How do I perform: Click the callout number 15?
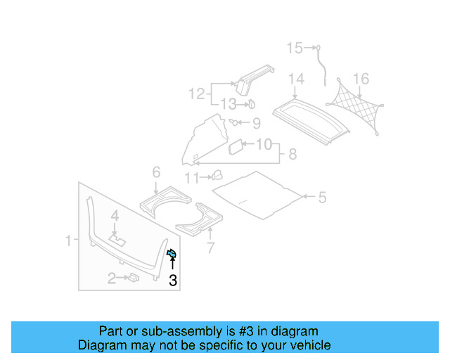[294, 48]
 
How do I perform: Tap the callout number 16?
[361, 78]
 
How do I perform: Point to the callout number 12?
[195, 93]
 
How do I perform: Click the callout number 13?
[228, 104]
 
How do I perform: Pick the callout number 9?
[256, 124]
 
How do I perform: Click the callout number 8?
[292, 154]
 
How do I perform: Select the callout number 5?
[322, 198]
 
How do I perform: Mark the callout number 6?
[156, 172]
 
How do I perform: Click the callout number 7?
[210, 247]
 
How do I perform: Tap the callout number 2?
[111, 279]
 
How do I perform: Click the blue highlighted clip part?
[172, 254]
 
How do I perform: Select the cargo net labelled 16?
[357, 107]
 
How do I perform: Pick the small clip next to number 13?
[250, 105]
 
